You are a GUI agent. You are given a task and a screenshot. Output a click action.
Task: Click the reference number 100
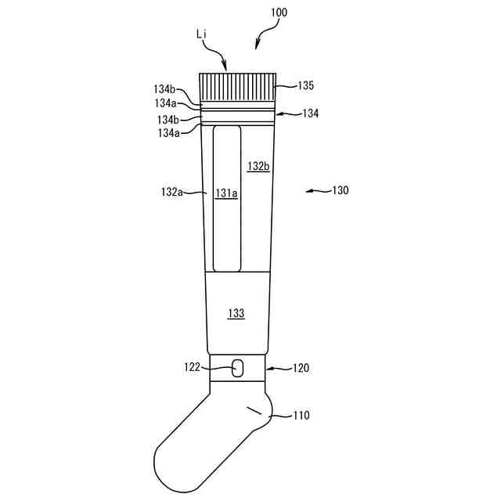tap(279, 13)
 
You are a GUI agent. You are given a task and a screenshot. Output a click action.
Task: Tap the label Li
tap(201, 34)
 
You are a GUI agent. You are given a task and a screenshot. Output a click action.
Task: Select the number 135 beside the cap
tap(306, 85)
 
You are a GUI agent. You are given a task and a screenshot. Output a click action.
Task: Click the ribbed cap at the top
tap(237, 88)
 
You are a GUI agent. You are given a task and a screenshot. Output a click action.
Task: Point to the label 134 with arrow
tap(310, 114)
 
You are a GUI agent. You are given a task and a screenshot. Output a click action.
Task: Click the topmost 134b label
tap(164, 89)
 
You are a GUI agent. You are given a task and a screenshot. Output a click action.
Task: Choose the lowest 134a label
tap(169, 133)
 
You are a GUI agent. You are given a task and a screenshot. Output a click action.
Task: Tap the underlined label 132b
tap(258, 167)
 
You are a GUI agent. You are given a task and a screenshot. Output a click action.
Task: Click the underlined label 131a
tap(226, 193)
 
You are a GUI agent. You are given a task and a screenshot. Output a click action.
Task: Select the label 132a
tap(172, 192)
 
